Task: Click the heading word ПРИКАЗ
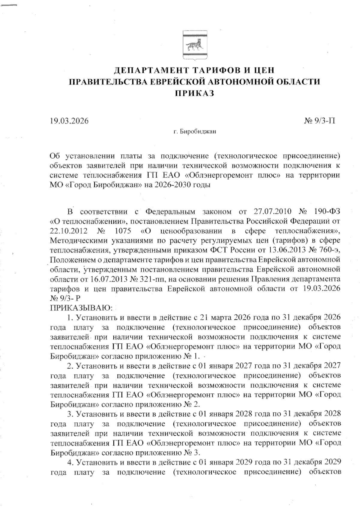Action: coord(194,93)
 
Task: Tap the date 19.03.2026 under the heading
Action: coord(69,121)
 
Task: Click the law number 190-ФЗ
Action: coord(328,212)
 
